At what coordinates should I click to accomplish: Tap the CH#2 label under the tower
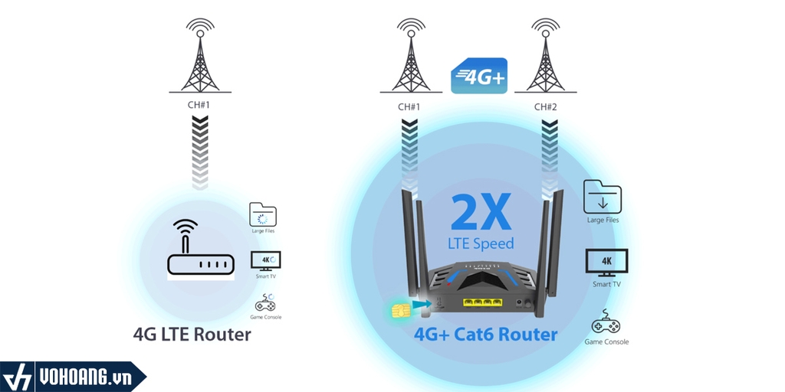point(546,106)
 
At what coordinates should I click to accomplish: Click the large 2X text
point(481,212)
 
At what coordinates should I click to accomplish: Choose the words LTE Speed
point(481,243)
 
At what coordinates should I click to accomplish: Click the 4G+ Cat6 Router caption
point(486,335)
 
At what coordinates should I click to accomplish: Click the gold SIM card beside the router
point(399,309)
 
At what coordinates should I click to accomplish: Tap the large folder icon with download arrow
point(602,197)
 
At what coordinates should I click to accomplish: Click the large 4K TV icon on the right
point(606,263)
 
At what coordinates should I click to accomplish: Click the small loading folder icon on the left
point(263,214)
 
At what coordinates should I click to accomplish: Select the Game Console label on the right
point(606,341)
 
